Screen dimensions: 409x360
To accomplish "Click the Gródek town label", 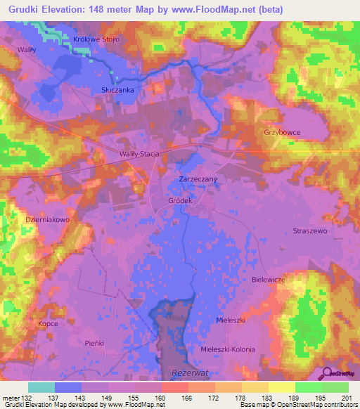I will coord(181,200).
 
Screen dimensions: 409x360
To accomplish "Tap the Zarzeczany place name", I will coord(198,180).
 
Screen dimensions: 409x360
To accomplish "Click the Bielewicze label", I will coord(267,279).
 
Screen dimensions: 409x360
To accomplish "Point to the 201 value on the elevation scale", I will coord(345,397).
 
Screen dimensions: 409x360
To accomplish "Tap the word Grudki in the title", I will coord(25,9).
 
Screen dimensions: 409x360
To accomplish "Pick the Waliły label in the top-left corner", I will coord(27,49).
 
